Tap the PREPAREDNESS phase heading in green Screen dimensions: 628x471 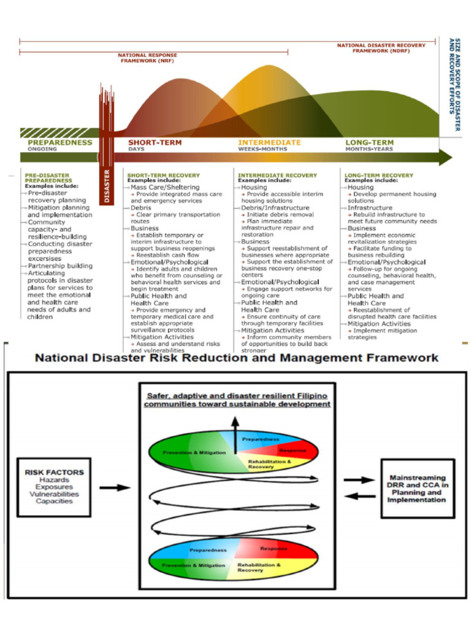point(60,142)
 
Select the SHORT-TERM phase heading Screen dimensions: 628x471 point(155,142)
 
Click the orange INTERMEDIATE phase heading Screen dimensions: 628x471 point(269,142)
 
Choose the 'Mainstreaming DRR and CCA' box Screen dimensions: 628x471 point(417,488)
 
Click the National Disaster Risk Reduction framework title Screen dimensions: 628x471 point(236,357)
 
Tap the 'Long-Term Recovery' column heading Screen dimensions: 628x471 point(378,175)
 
